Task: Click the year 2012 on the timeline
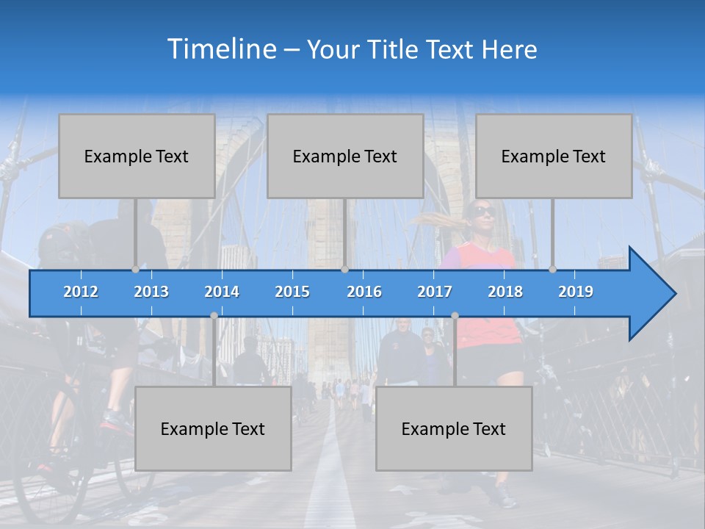81,292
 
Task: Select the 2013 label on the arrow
151,292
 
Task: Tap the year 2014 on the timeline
222,292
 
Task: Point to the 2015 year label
292,292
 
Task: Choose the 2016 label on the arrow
364,292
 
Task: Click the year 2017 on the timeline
435,292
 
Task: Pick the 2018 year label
505,292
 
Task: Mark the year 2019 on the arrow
576,292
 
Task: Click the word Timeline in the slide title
220,49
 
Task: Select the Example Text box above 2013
137,156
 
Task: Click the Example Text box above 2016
345,156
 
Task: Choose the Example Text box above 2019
554,156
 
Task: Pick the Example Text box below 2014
213,428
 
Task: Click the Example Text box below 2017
454,428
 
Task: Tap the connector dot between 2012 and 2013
135,270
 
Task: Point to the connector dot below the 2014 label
214,315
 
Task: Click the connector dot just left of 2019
552,270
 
